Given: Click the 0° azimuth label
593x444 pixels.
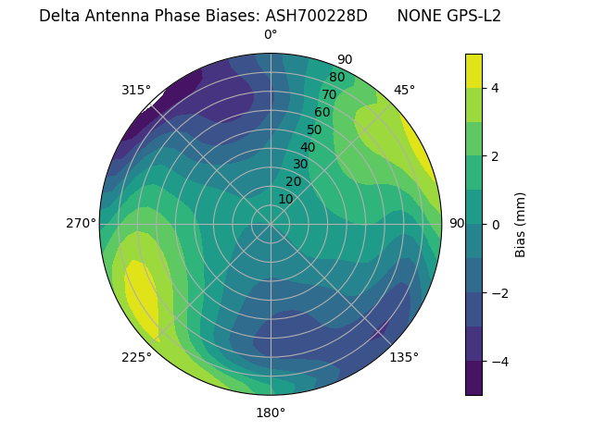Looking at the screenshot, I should tap(271, 35).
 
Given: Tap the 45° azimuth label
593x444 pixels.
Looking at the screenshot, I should tap(404, 90).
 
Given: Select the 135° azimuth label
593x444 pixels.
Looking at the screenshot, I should tap(404, 357).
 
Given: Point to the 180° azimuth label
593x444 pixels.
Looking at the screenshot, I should tap(271, 413).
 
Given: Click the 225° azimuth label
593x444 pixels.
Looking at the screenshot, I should tap(136, 358).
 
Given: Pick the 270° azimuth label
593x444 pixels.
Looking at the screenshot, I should tap(82, 224).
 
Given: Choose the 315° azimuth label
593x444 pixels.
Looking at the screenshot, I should tap(136, 90).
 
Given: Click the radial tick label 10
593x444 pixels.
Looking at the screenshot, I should tap(285, 199).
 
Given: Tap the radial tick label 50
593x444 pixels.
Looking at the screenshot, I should tap(314, 130).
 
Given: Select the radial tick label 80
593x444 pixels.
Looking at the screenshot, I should tap(336, 78).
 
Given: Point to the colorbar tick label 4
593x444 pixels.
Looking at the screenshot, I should tap(495, 88).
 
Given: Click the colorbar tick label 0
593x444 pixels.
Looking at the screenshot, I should tap(495, 224).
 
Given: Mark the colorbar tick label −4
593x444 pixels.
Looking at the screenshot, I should tap(498, 361).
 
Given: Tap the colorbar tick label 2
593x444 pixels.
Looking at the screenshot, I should tap(495, 156).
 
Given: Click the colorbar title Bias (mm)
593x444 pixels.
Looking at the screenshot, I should tap(521, 224).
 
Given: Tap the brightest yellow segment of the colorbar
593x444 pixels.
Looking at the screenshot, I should tap(473, 70).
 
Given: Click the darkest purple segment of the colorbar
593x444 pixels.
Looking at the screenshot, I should tap(473, 378).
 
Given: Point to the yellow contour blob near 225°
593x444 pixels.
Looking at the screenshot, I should tap(142, 296).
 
